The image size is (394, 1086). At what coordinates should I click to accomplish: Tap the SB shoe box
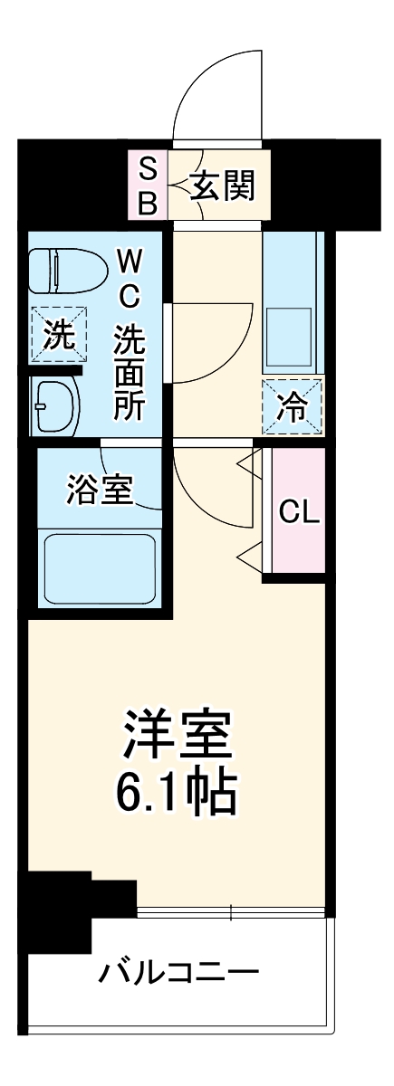click(147, 186)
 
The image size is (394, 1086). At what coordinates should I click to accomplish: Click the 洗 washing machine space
click(59, 337)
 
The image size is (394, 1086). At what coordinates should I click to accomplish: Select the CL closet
click(299, 512)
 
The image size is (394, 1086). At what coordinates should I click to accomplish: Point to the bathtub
click(100, 567)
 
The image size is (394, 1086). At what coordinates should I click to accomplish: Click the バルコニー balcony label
click(179, 976)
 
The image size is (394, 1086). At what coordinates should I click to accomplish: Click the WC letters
click(128, 279)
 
